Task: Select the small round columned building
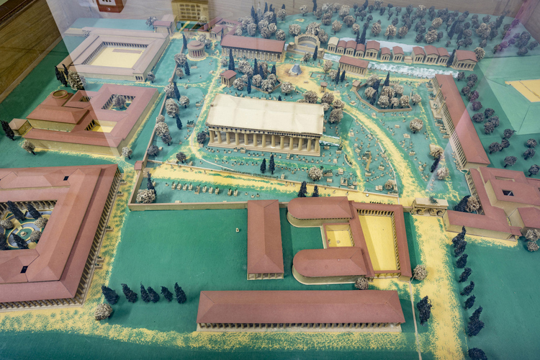click(196, 49)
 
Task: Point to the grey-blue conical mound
click(295, 70)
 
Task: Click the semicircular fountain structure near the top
click(307, 41)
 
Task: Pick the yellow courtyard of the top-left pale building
click(117, 57)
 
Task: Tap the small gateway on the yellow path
click(430, 207)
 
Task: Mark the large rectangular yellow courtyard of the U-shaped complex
click(379, 242)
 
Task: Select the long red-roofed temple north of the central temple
click(252, 48)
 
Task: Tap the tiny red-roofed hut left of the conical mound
click(229, 76)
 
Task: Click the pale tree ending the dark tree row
click(104, 310)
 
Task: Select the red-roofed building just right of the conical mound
click(354, 65)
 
